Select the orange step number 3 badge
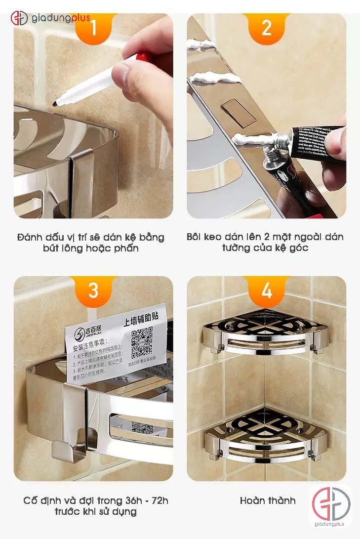[x=93, y=290]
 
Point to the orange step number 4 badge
[x=266, y=290]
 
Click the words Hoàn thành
[x=268, y=500]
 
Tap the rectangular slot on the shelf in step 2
[x=238, y=112]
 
